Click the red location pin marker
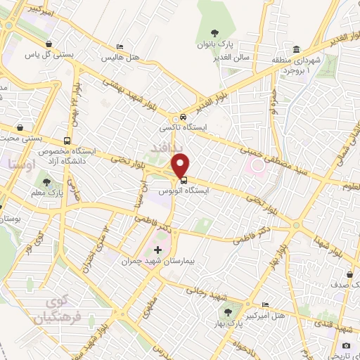click(x=181, y=165)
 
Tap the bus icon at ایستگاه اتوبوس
click(x=184, y=181)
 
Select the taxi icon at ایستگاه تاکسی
click(x=183, y=117)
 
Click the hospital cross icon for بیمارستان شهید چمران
click(x=157, y=249)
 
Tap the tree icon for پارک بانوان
click(x=215, y=33)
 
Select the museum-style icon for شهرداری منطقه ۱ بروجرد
click(x=295, y=50)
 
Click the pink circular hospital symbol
click(x=255, y=166)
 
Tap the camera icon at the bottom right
click(x=346, y=345)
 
